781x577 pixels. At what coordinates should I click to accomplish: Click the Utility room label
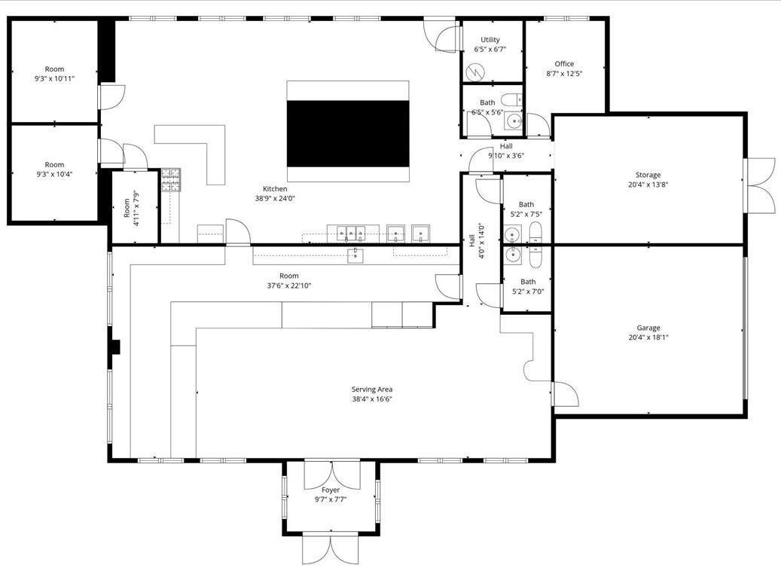click(490, 39)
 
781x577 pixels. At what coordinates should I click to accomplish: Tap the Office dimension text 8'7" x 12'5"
click(564, 74)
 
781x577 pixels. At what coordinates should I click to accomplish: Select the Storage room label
click(648, 175)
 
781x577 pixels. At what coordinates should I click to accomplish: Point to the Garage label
click(648, 328)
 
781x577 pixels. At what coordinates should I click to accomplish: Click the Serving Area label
click(371, 389)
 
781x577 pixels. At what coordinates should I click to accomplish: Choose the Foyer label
click(330, 490)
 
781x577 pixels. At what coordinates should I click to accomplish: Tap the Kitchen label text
click(275, 189)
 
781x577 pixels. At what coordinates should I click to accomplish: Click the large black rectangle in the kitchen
click(348, 134)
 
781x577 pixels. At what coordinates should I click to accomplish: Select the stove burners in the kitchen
click(170, 180)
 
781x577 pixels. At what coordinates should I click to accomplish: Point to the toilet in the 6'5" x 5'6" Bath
click(511, 99)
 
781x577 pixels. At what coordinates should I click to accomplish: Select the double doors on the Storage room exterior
click(760, 185)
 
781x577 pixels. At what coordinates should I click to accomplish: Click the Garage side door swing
click(565, 394)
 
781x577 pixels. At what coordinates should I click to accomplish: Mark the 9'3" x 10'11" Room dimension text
click(54, 79)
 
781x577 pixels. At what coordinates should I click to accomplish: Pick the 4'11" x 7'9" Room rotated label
click(131, 209)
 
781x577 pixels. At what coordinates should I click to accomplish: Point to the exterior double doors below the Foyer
click(330, 549)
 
